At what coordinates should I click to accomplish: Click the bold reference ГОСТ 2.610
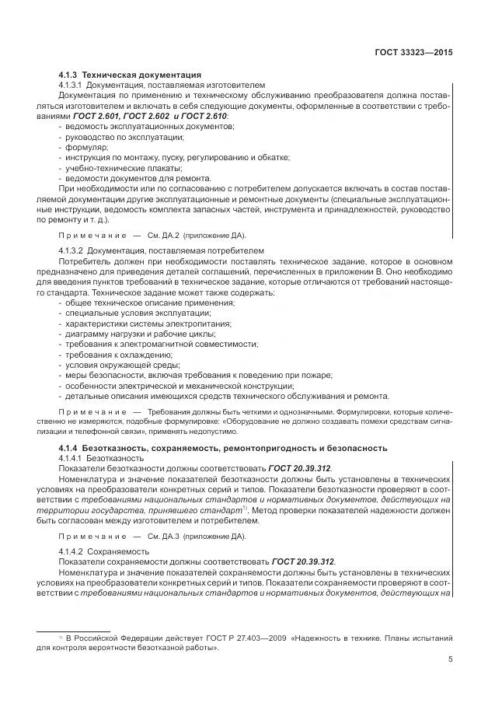pos(207,115)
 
